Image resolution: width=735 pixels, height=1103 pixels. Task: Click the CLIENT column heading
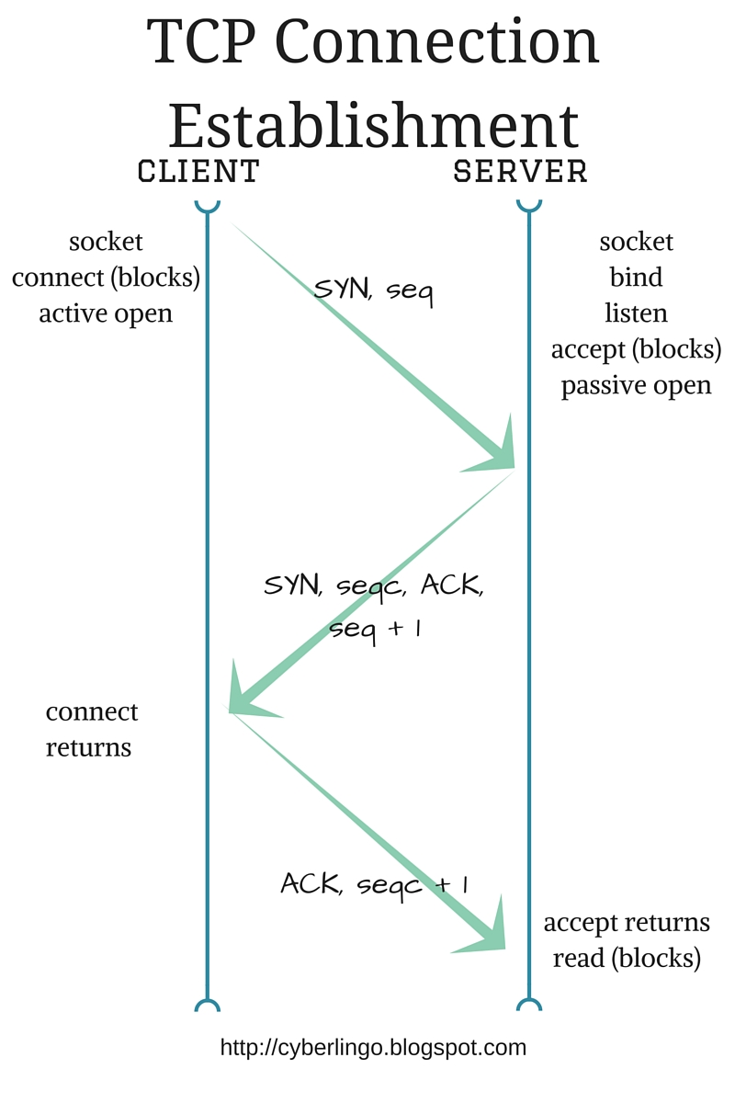pyautogui.click(x=198, y=171)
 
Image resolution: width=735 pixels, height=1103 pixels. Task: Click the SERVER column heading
pyautogui.click(x=521, y=171)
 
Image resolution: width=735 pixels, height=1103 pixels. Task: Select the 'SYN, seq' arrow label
pyautogui.click(x=373, y=290)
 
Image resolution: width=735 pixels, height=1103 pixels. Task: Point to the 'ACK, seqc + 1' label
pyautogui.click(x=375, y=884)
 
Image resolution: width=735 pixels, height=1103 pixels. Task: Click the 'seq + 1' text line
pyautogui.click(x=375, y=629)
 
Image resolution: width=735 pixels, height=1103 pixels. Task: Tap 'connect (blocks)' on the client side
pyautogui.click(x=106, y=278)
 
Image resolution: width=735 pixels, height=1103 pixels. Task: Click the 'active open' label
pyautogui.click(x=106, y=313)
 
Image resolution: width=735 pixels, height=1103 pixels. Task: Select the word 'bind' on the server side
pyautogui.click(x=636, y=278)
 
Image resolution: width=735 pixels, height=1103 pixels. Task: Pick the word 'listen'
pyautogui.click(x=636, y=313)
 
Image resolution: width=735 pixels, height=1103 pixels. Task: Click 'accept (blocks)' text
pyautogui.click(x=636, y=349)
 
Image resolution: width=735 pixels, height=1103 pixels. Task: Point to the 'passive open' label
pyautogui.click(x=636, y=385)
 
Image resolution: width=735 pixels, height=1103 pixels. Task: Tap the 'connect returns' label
pyautogui.click(x=91, y=729)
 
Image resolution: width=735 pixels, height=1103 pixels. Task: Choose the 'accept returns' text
pyautogui.click(x=627, y=922)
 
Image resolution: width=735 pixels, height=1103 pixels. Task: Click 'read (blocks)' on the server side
pyautogui.click(x=627, y=958)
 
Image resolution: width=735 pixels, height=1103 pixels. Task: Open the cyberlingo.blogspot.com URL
pyautogui.click(x=373, y=1047)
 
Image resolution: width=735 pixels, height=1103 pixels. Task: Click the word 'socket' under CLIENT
pyautogui.click(x=106, y=242)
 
